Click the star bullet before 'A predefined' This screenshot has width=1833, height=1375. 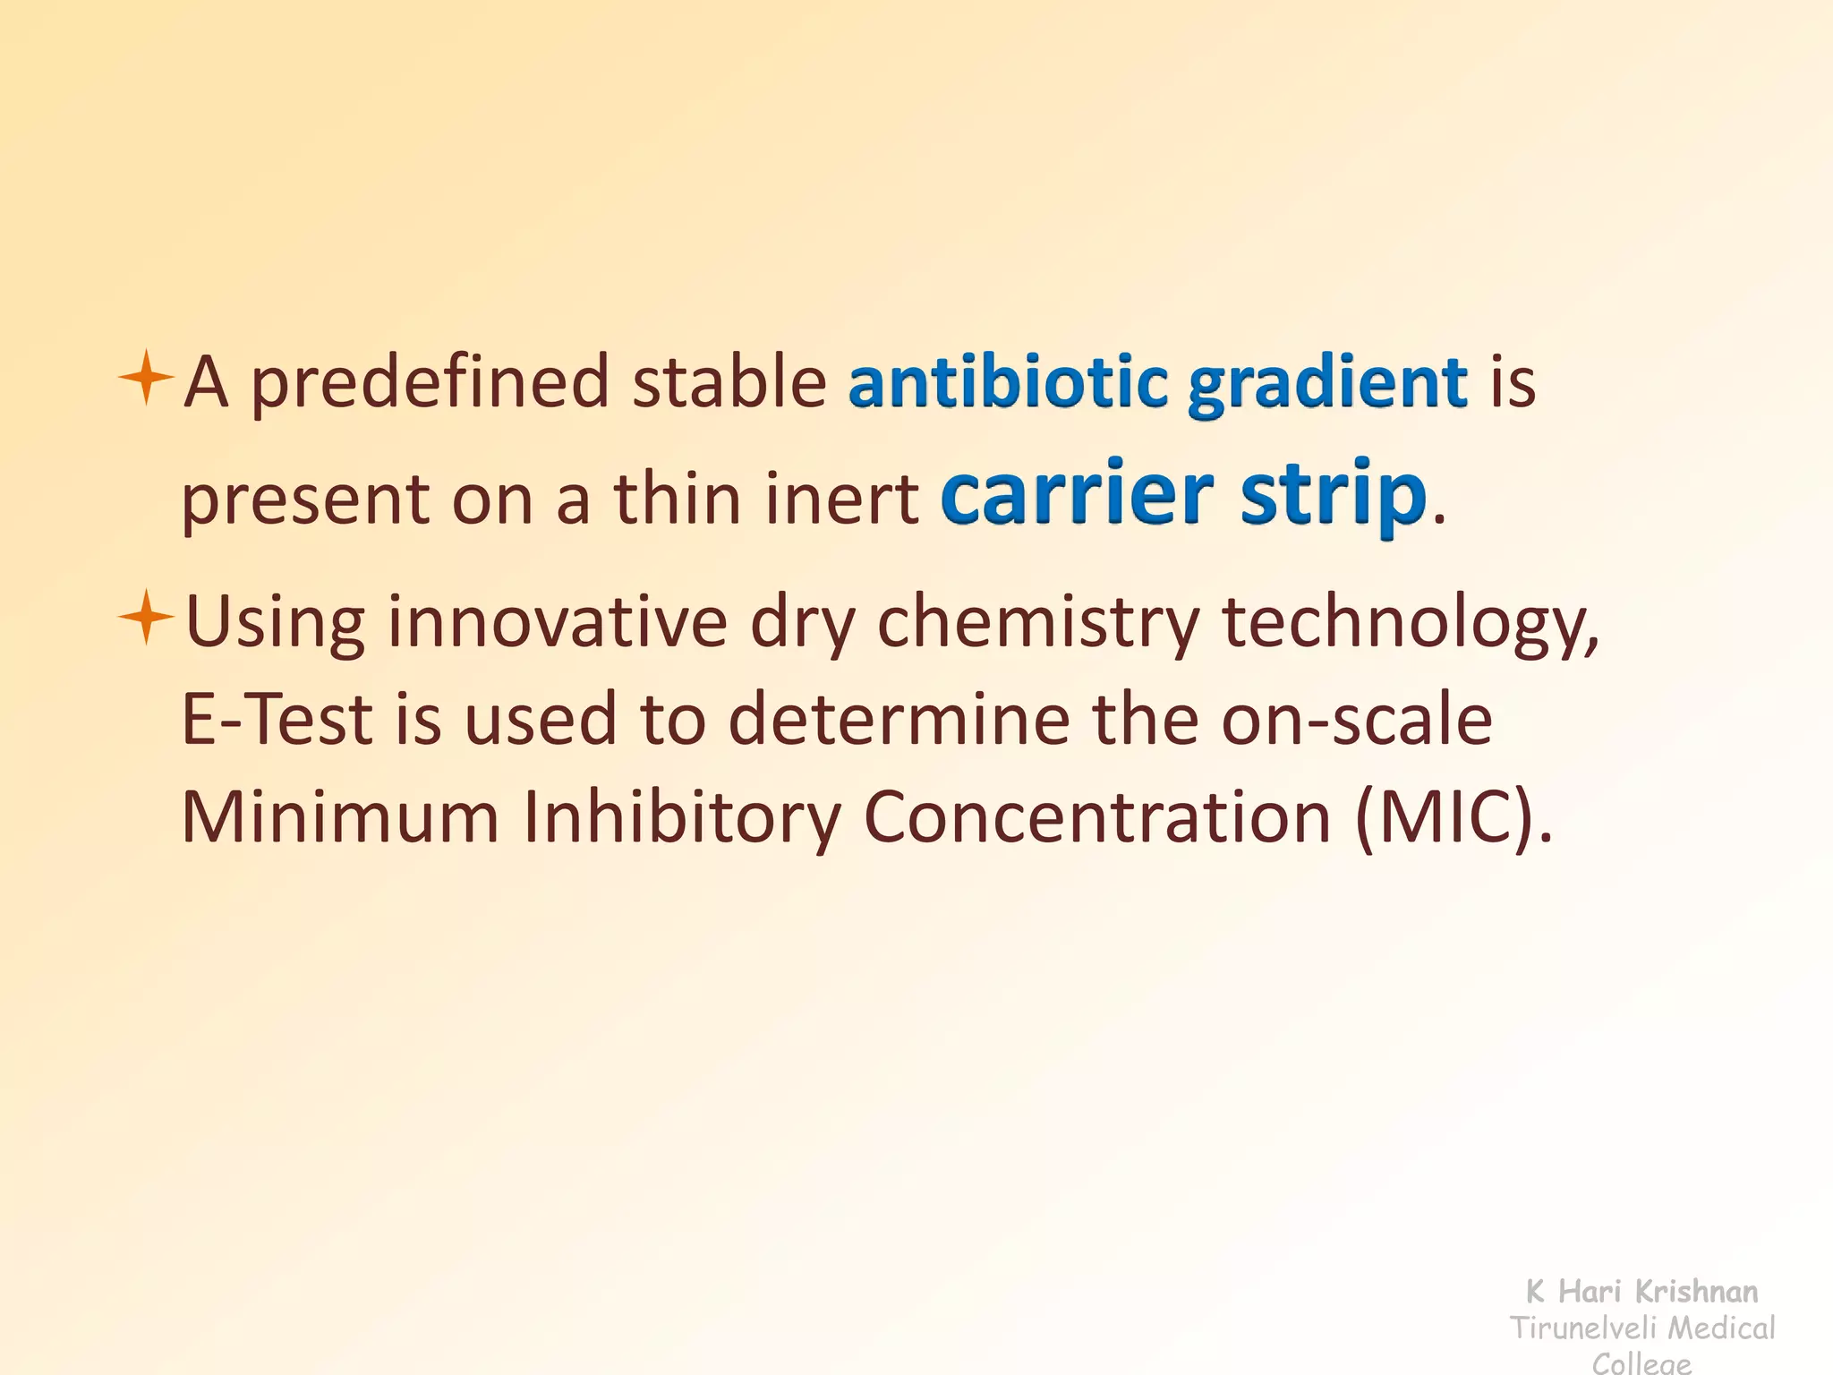click(145, 378)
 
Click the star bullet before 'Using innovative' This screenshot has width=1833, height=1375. click(145, 618)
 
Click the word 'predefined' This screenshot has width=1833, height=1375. click(429, 383)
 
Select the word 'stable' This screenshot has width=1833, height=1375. click(729, 381)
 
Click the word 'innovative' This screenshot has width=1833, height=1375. click(556, 621)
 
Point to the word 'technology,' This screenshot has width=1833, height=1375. click(1411, 623)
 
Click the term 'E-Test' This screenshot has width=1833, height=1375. click(277, 719)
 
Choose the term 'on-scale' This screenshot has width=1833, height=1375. click(1357, 719)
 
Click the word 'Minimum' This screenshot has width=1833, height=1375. click(339, 816)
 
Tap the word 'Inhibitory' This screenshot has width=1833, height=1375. click(681, 818)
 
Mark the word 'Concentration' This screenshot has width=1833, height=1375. click(1097, 816)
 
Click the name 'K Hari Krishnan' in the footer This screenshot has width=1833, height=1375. click(1641, 1291)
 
